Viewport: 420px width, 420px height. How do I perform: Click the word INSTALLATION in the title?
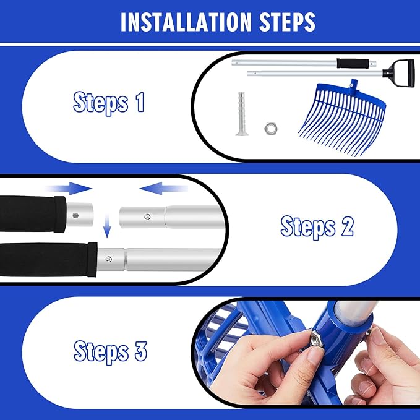186,22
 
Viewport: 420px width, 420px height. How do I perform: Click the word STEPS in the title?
287,22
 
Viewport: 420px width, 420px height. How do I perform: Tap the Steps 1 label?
109,103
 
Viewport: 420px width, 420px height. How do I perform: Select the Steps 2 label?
317,228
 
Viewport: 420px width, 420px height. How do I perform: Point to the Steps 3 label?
110,352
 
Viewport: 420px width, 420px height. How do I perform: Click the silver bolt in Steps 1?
242,114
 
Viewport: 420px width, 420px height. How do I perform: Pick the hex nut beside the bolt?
271,128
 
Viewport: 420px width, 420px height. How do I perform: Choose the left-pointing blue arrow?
164,188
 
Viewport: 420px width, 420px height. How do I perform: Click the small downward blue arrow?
107,226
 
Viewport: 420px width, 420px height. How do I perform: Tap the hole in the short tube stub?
75,215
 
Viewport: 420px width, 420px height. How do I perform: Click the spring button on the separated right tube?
147,216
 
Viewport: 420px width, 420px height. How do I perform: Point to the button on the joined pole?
108,259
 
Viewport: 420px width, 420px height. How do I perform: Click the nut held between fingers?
316,339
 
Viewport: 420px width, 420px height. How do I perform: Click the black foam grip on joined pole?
48,260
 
